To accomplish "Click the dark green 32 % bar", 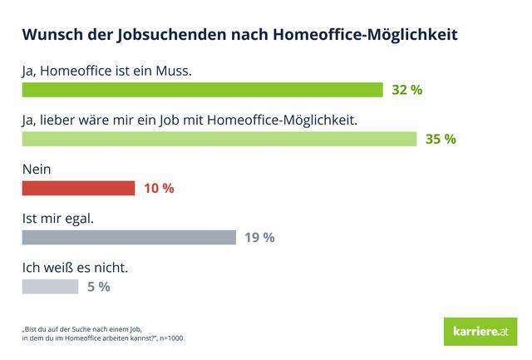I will pos(202,90).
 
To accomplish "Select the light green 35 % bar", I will pos(219,139).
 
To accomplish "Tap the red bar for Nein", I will pos(78,188).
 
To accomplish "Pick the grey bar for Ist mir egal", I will pos(129,237).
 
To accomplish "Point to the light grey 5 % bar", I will pos(50,287).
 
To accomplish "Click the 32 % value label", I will pos(407,90).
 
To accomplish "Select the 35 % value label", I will pos(441,139).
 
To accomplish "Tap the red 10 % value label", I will pos(158,188).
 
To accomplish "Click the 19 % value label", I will pos(259,237).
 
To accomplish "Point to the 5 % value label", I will pos(98,287).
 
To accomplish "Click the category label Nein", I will pos(37,169).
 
